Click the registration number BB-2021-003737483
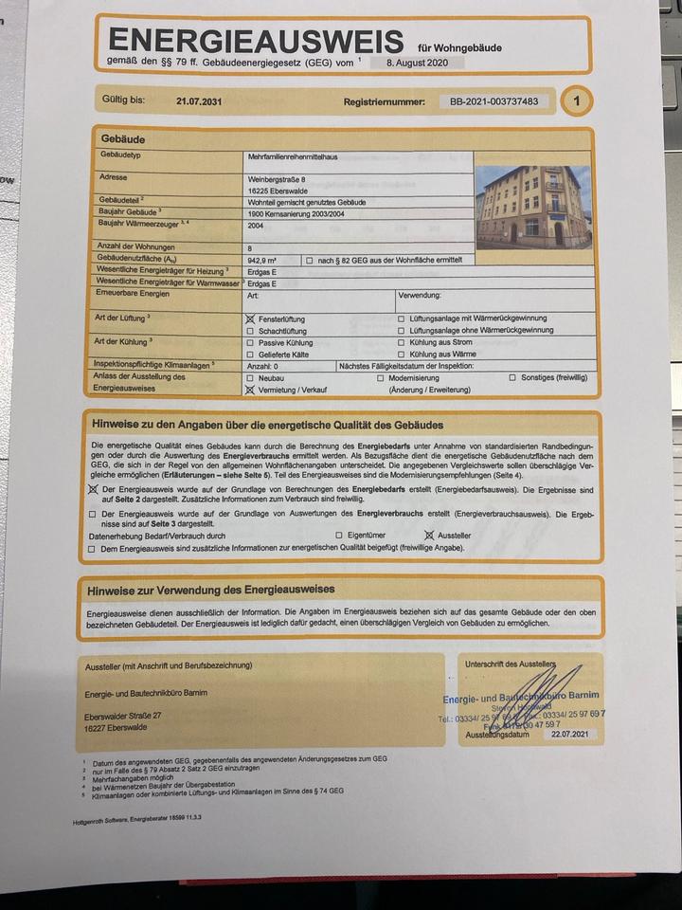(x=494, y=100)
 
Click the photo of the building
(x=533, y=207)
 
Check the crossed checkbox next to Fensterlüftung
(x=251, y=319)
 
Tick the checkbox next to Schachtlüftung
(x=250, y=332)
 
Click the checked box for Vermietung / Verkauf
(x=250, y=389)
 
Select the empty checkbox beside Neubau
(x=250, y=377)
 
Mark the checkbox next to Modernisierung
(x=380, y=377)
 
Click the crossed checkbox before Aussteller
(x=428, y=536)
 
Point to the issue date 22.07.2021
(x=567, y=734)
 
